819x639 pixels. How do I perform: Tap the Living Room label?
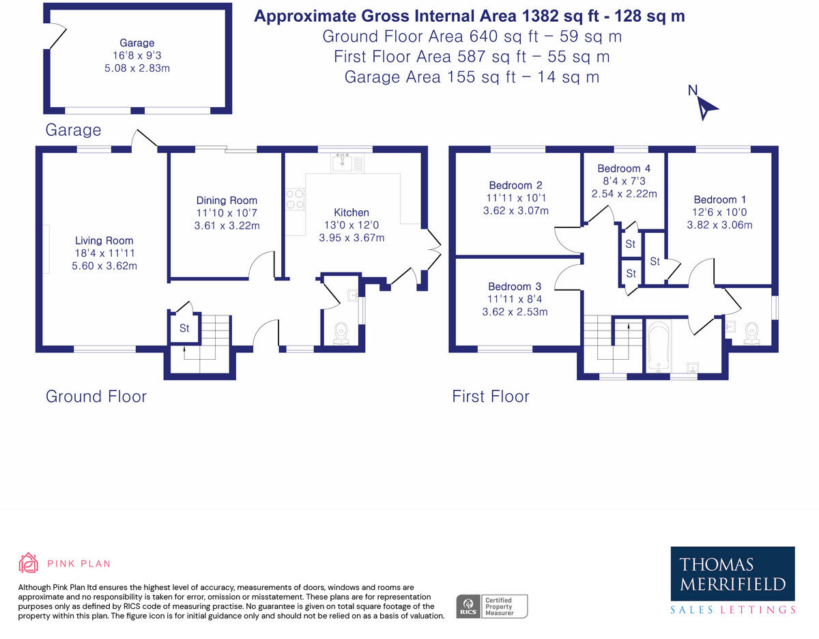104,240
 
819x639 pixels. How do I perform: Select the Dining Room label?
227,200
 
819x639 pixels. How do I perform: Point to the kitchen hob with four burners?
296,199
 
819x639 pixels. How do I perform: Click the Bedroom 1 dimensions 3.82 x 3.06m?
719,225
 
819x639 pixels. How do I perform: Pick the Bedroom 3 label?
519,286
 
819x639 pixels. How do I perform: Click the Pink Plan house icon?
28,563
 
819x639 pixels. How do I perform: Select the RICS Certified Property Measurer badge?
491,606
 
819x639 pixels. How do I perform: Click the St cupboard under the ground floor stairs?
184,328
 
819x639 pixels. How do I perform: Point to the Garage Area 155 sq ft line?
472,76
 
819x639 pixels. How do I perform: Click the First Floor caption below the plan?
490,396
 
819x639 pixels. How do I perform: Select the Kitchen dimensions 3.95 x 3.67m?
351,238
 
